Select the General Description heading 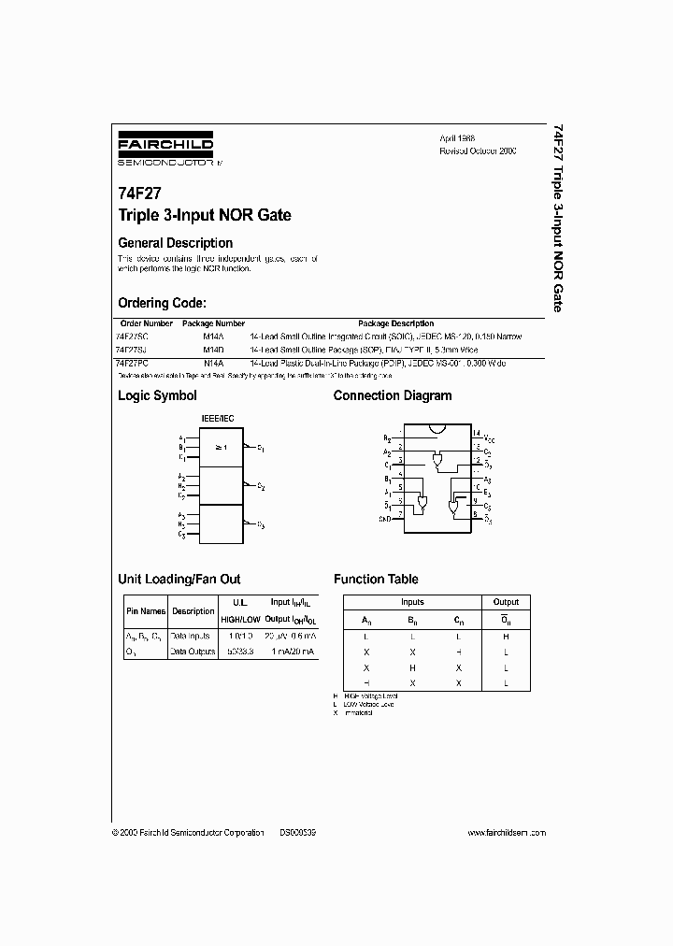click(x=175, y=243)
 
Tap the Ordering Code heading click(x=162, y=303)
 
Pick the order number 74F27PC click(x=133, y=361)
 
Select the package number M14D click(x=214, y=349)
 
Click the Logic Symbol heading click(x=157, y=395)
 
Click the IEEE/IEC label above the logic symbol click(x=216, y=420)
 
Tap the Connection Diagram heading click(x=392, y=395)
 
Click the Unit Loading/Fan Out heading click(x=179, y=579)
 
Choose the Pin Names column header click(x=145, y=611)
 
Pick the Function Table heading click(x=376, y=579)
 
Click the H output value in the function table click(x=505, y=637)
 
